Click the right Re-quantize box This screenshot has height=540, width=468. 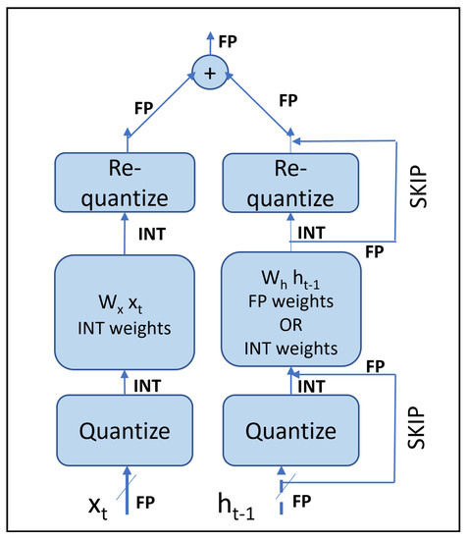[290, 185]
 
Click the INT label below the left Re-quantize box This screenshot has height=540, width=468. [151, 234]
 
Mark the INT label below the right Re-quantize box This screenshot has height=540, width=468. [311, 234]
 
